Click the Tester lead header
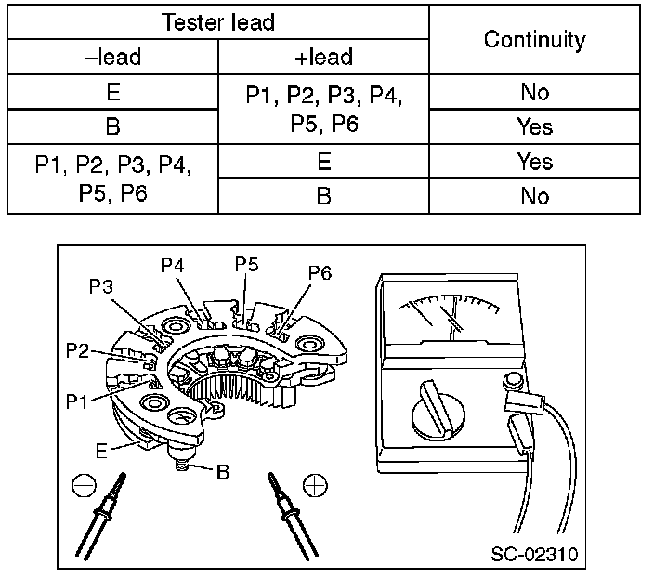coord(219,22)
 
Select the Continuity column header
coord(535,40)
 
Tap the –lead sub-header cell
coord(112,58)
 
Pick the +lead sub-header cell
coord(323,58)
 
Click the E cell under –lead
coord(112,92)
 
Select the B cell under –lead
coord(112,126)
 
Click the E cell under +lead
coord(323,162)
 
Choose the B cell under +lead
coord(323,196)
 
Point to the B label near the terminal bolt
coord(222,470)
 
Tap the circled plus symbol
coord(314,485)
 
